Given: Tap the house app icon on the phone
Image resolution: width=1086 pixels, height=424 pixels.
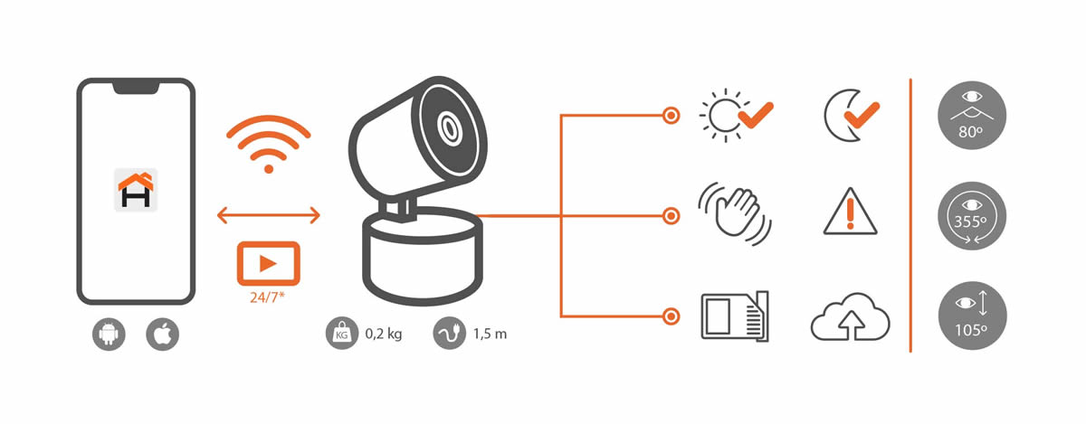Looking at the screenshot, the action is coord(136,190).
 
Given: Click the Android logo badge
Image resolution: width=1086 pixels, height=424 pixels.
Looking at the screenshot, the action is coord(109,334).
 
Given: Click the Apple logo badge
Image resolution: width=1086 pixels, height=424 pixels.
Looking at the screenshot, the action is coord(162,334).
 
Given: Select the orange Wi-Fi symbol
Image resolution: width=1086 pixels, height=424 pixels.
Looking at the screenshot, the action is coord(269,144).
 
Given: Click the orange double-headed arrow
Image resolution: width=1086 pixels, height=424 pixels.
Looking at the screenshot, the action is coord(269,215).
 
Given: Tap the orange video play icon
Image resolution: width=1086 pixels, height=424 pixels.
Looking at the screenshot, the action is coord(269,264).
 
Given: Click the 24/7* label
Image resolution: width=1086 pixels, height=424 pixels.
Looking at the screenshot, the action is coord(267,297).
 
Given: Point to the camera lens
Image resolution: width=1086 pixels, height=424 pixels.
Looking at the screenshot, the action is coord(449,128).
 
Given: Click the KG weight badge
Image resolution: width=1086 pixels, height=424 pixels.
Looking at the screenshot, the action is coord(342,334).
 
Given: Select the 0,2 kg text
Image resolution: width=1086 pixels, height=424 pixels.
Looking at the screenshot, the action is coord(384,334).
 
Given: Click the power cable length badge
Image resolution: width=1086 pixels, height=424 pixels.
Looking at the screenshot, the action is coord(450,334).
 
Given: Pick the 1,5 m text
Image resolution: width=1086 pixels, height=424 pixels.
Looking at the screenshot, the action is coord(491,334).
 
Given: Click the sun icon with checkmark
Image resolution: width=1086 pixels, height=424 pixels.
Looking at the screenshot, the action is coord(736,116).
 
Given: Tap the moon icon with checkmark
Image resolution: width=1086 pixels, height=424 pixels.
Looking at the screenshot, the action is coord(852,116).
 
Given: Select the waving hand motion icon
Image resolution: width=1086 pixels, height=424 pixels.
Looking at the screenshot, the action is coord(735,213).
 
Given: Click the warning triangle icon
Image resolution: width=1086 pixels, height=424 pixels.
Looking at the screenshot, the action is coord(850,212).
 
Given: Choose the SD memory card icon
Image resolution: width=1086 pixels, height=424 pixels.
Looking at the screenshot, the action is coord(735,316).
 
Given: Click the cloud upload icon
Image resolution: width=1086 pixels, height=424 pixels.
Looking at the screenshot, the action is coord(851,316).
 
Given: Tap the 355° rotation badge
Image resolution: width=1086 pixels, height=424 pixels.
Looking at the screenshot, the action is coord(972,216).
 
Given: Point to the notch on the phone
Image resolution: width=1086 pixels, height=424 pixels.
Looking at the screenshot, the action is coord(137,87).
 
